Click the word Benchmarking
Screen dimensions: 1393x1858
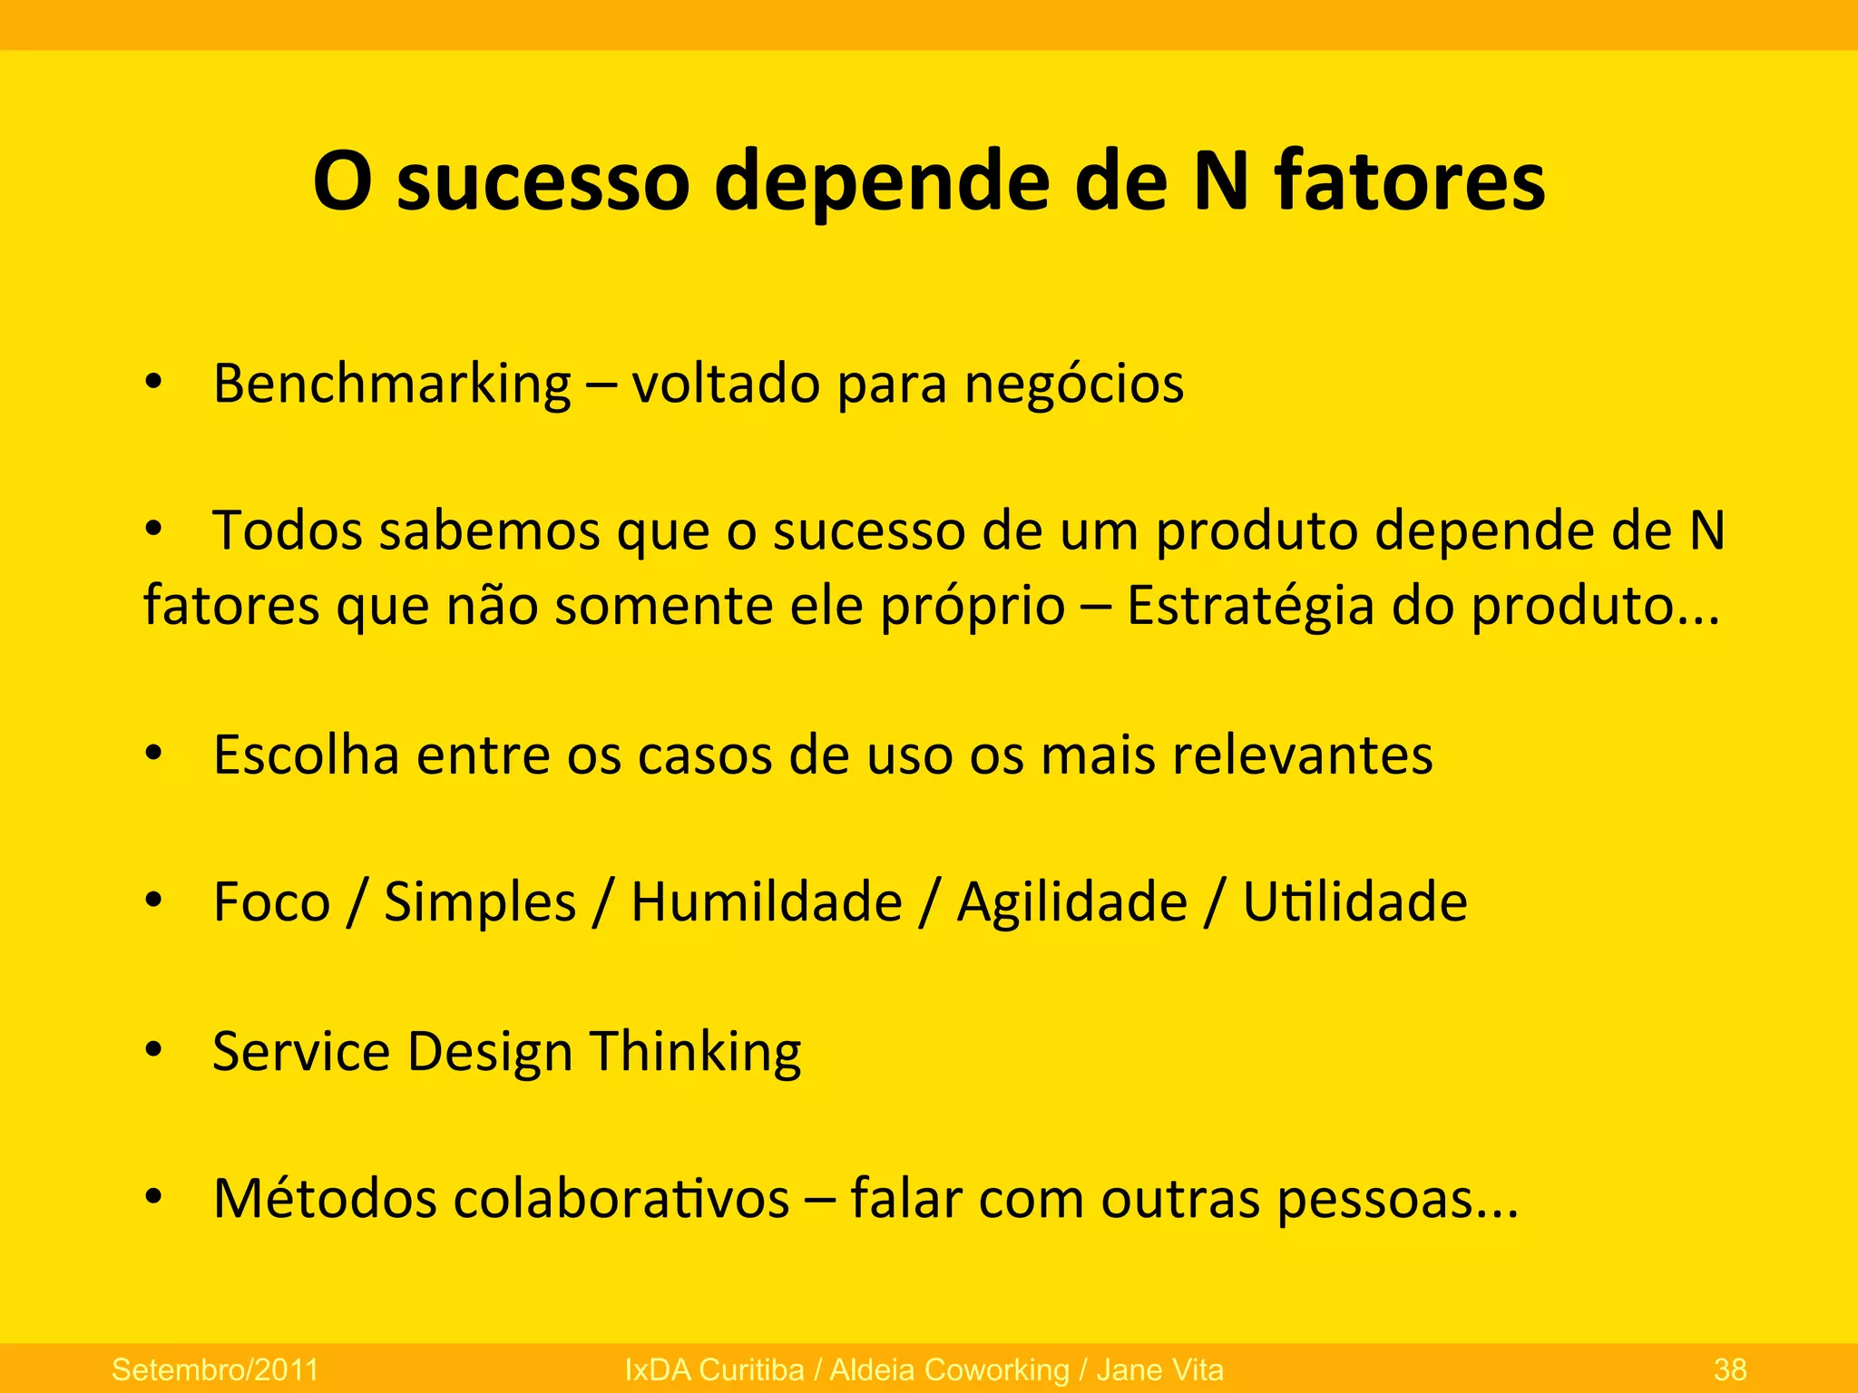[392, 385]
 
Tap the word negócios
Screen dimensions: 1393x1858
[1073, 385]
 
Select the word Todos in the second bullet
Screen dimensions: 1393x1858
[288, 531]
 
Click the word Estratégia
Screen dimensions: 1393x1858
[1250, 605]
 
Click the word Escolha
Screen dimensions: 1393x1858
[306, 755]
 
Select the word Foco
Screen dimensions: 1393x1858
[271, 902]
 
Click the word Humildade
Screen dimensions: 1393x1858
[767, 902]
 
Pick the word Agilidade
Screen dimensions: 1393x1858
[1071, 903]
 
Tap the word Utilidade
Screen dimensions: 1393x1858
[1354, 902]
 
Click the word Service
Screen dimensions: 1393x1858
[300, 1051]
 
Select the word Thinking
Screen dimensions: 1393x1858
[696, 1052]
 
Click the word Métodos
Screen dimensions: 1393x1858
[325, 1199]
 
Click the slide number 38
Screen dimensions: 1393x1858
[1730, 1369]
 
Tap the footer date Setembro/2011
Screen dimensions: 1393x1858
[215, 1369]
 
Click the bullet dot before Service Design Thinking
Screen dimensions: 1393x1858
[153, 1050]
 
